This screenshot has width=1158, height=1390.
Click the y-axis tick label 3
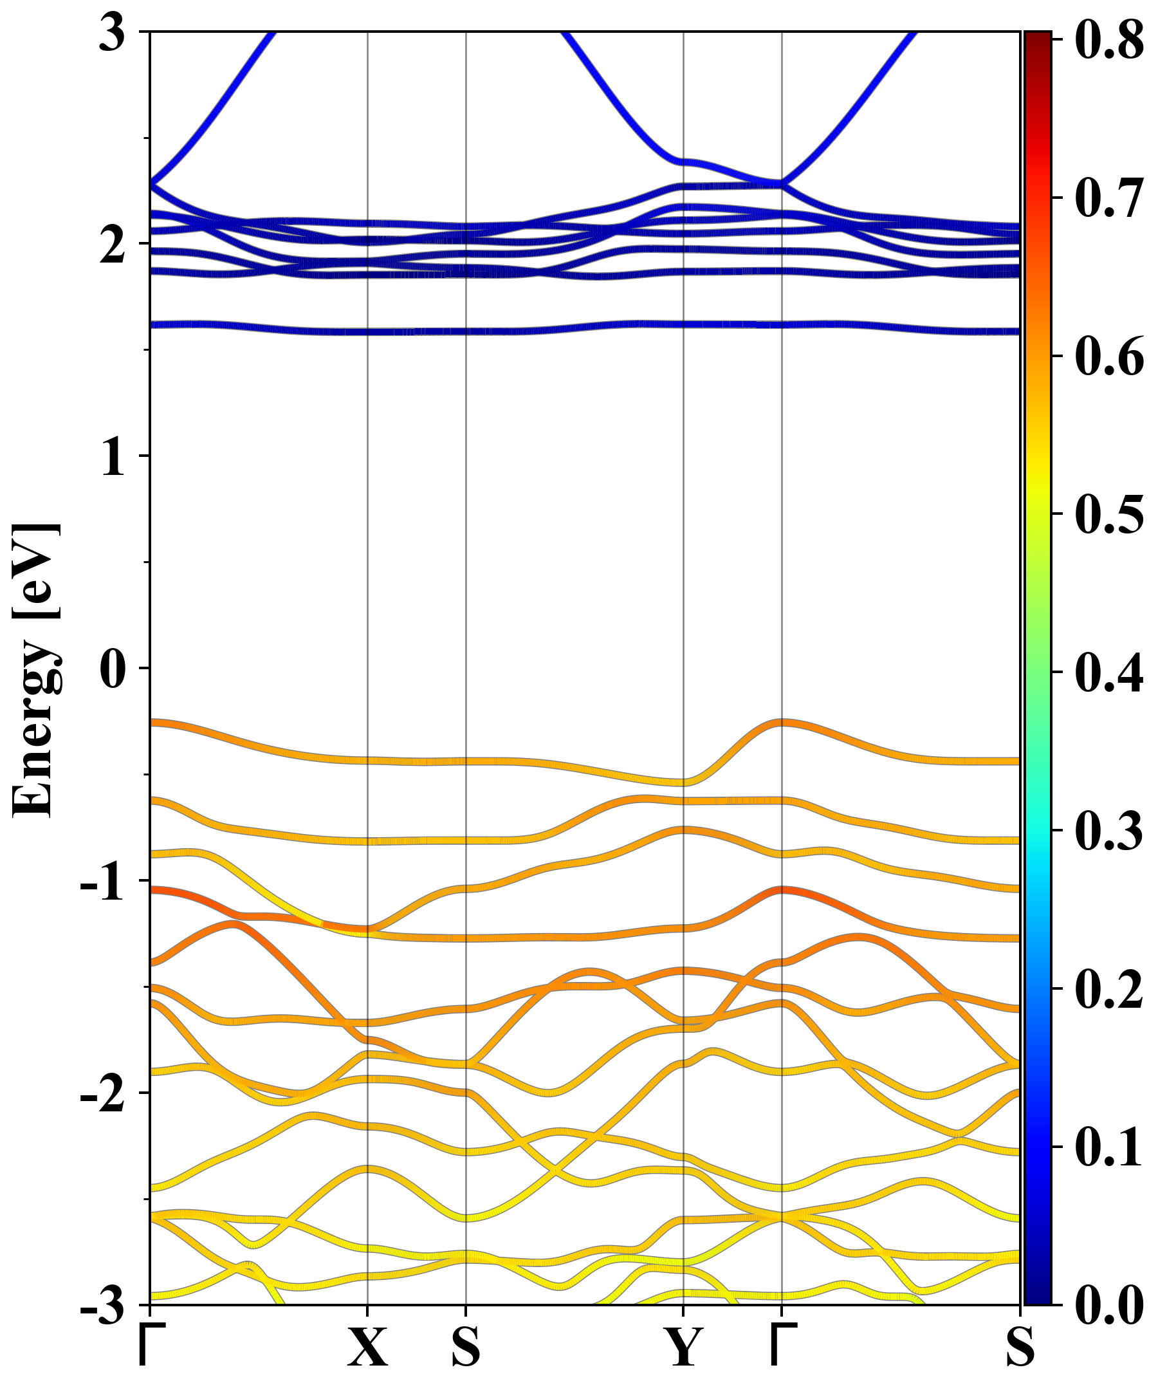pos(112,33)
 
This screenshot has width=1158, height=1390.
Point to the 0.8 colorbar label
pos(1109,40)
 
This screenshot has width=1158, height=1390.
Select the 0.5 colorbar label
pos(1109,514)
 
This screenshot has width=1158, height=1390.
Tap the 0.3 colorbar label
pos(1109,831)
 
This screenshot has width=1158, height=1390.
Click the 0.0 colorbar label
pos(1109,1305)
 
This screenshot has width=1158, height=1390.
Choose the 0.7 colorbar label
pos(1109,198)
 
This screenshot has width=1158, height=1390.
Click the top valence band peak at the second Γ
pos(782,722)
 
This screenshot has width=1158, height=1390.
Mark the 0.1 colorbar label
pos(1109,1147)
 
